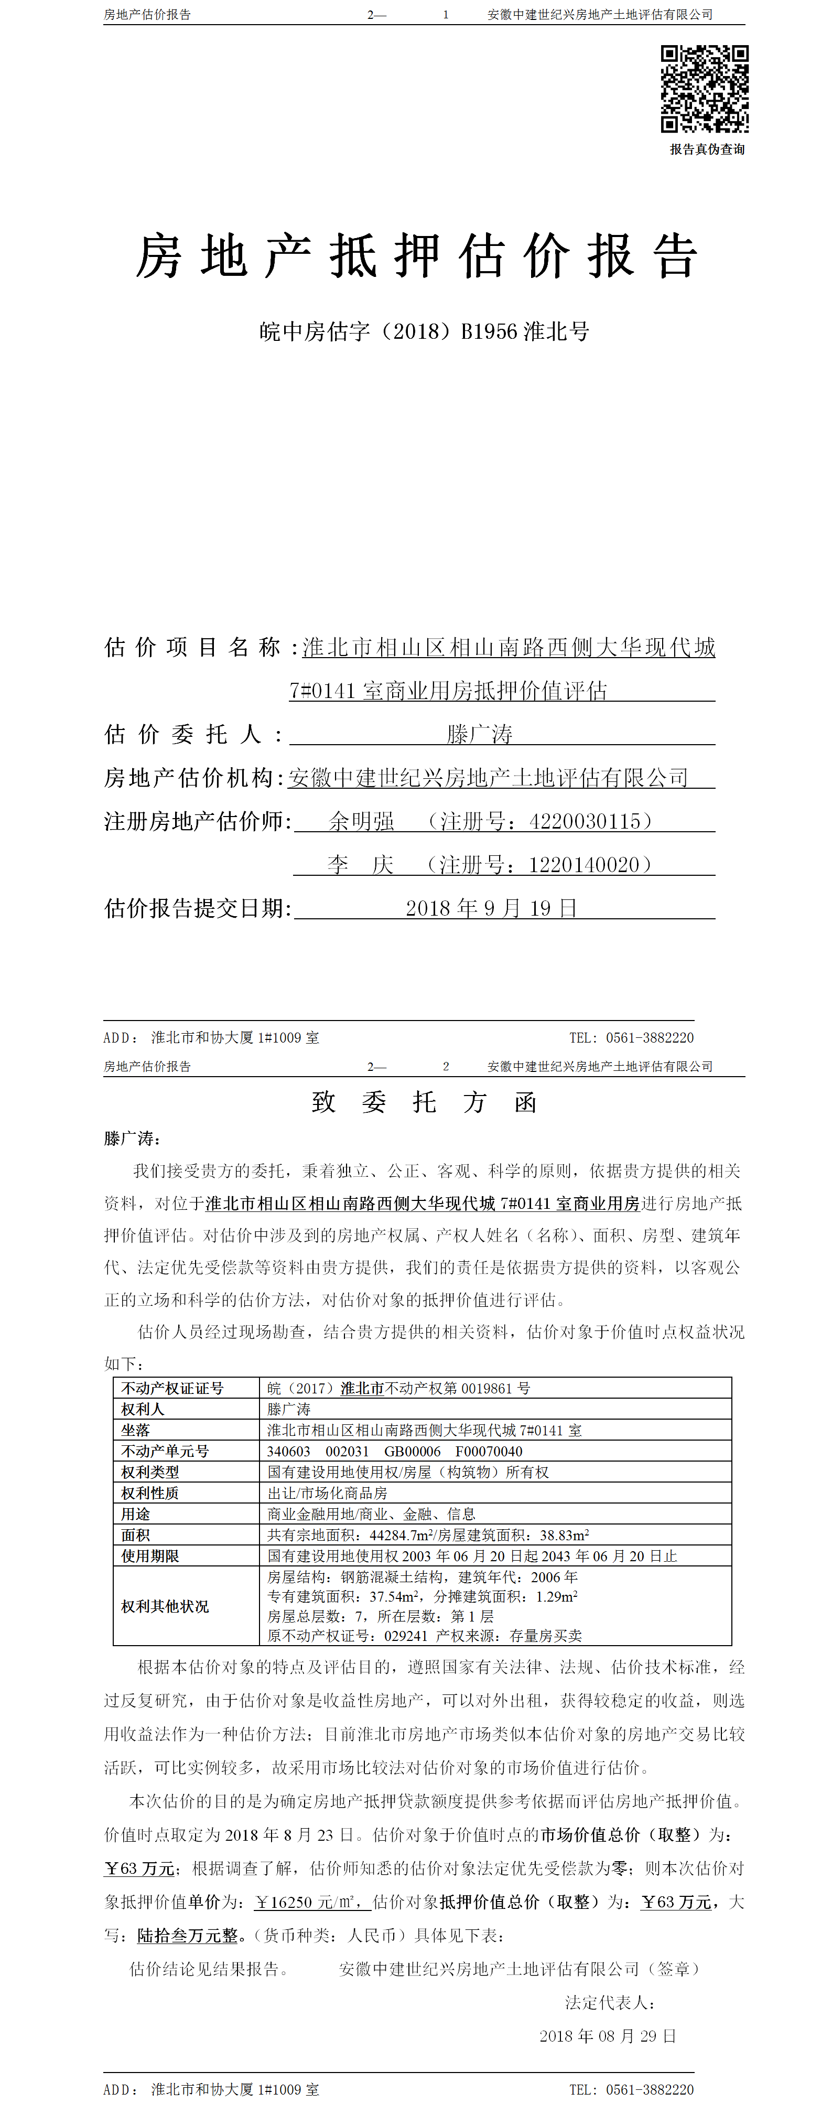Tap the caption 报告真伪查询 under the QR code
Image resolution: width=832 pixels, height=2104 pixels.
pyautogui.click(x=707, y=149)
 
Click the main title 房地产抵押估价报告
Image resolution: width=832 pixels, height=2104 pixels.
pyautogui.click(x=416, y=255)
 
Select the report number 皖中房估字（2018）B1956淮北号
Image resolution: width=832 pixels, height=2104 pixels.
pyautogui.click(x=424, y=331)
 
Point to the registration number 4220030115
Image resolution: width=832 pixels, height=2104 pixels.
pyautogui.click(x=586, y=821)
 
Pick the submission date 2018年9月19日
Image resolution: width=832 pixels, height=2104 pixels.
pyautogui.click(x=492, y=907)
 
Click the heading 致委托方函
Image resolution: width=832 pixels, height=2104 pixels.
pyautogui.click(x=424, y=1103)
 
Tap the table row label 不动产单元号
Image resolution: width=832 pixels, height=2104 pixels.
pyautogui.click(x=165, y=1451)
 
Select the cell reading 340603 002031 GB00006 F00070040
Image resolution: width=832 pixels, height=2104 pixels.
pyautogui.click(x=394, y=1451)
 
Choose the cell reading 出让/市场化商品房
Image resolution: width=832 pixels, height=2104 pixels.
pyautogui.click(x=328, y=1492)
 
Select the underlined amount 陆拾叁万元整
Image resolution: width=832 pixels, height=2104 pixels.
pyautogui.click(x=187, y=1935)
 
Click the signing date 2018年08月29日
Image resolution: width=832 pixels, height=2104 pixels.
pyautogui.click(x=608, y=2035)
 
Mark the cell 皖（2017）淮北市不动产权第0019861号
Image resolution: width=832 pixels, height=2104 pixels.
pyautogui.click(x=398, y=1388)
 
